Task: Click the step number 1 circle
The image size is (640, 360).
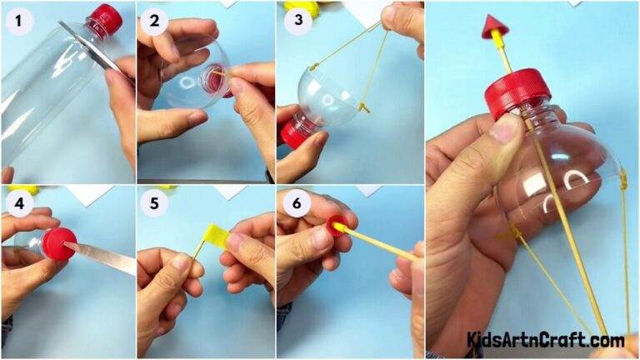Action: click(x=17, y=21)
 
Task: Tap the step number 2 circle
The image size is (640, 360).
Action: click(x=155, y=21)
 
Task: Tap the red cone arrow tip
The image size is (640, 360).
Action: click(x=494, y=27)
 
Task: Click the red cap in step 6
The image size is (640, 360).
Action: click(x=337, y=225)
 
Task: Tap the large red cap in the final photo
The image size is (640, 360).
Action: click(x=516, y=91)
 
